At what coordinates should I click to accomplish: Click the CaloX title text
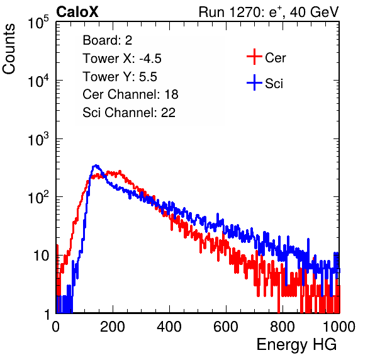coord(77,12)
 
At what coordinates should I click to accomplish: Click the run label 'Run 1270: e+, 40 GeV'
coord(269,12)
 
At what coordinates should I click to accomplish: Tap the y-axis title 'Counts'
coord(9,49)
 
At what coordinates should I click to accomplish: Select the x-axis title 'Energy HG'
coord(296,345)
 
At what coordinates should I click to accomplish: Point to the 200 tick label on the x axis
coord(113,327)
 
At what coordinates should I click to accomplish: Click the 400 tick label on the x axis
coord(169,327)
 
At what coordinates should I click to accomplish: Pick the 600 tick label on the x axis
coord(226,327)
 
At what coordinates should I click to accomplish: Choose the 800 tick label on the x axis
coord(283,327)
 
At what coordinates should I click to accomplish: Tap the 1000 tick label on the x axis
coord(339,327)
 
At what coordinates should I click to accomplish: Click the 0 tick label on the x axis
coord(56,327)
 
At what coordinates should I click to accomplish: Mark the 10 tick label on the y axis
coord(42,256)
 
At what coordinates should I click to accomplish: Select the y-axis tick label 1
coord(47,314)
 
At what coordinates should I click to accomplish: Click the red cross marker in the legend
coord(254,57)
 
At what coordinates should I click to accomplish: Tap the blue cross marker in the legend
coord(254,82)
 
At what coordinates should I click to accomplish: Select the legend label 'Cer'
coord(275,58)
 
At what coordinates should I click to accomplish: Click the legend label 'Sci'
coord(274,84)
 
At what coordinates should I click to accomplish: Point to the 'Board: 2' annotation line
coord(108,40)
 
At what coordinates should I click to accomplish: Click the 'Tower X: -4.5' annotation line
coord(122,59)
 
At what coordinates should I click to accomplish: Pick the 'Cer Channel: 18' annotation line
coord(130,94)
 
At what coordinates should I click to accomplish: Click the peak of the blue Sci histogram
coord(96,166)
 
